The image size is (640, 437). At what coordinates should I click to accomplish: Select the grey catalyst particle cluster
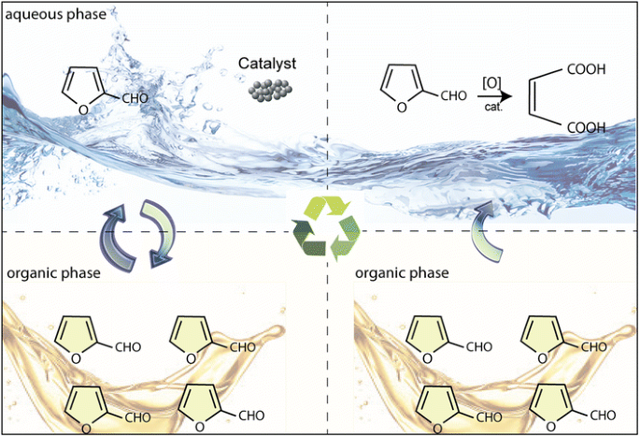pos(266,91)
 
